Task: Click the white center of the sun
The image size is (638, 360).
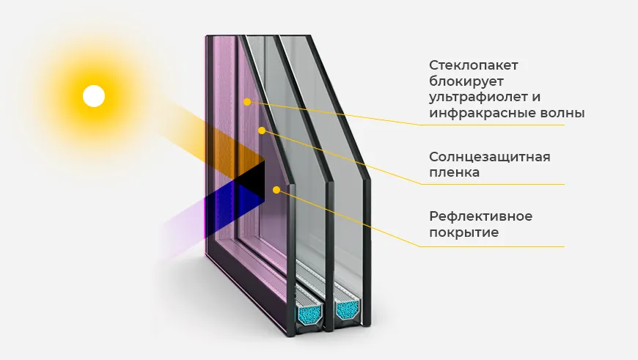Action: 94,96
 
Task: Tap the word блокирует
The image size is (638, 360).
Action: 463,81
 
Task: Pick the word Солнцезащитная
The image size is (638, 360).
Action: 489,157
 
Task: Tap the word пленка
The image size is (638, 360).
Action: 455,173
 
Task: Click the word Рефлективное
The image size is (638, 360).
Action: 480,216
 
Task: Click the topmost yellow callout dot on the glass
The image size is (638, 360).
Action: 248,102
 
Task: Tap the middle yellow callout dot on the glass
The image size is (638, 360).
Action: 261,131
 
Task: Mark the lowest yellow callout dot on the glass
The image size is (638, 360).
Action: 276,190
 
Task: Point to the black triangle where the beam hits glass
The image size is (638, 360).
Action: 253,179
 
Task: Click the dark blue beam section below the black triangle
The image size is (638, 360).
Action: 235,199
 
